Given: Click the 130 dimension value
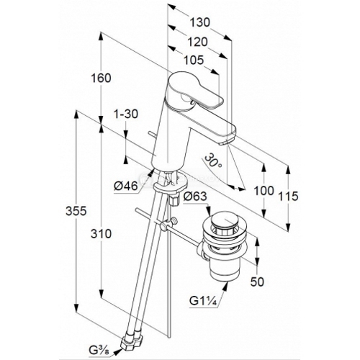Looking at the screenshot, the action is [x=200, y=22].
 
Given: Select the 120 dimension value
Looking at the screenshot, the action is [x=197, y=42].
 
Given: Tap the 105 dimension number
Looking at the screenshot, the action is [x=194, y=60].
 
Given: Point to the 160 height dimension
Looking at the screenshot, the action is [x=101, y=78].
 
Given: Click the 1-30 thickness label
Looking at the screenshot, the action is [x=126, y=114].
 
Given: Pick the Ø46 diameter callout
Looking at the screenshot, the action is [x=126, y=186].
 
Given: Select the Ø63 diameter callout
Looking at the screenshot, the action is [x=195, y=197].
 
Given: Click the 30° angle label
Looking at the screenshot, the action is [x=213, y=160].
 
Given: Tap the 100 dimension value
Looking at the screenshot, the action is [x=264, y=191].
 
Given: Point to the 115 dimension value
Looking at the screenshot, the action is [x=288, y=197].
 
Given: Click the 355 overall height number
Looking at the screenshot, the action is [x=76, y=211].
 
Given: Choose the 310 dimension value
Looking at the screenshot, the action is [x=101, y=233].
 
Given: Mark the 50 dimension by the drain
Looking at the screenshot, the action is [x=257, y=282].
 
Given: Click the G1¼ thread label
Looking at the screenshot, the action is [x=203, y=300].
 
